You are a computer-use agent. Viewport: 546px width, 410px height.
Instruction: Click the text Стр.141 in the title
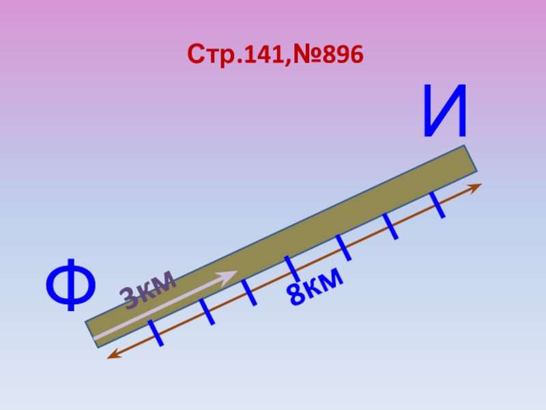click(x=237, y=54)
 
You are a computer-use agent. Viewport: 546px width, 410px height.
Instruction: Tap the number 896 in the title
click(x=343, y=55)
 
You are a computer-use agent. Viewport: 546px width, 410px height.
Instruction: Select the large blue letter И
click(x=445, y=111)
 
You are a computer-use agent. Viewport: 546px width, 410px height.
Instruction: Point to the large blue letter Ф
click(x=71, y=284)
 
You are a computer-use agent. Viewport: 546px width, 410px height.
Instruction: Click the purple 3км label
click(x=148, y=289)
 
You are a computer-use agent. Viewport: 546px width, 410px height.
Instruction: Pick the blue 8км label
click(x=315, y=287)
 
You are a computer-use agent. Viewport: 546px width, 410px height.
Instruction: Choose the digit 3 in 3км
click(x=129, y=297)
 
